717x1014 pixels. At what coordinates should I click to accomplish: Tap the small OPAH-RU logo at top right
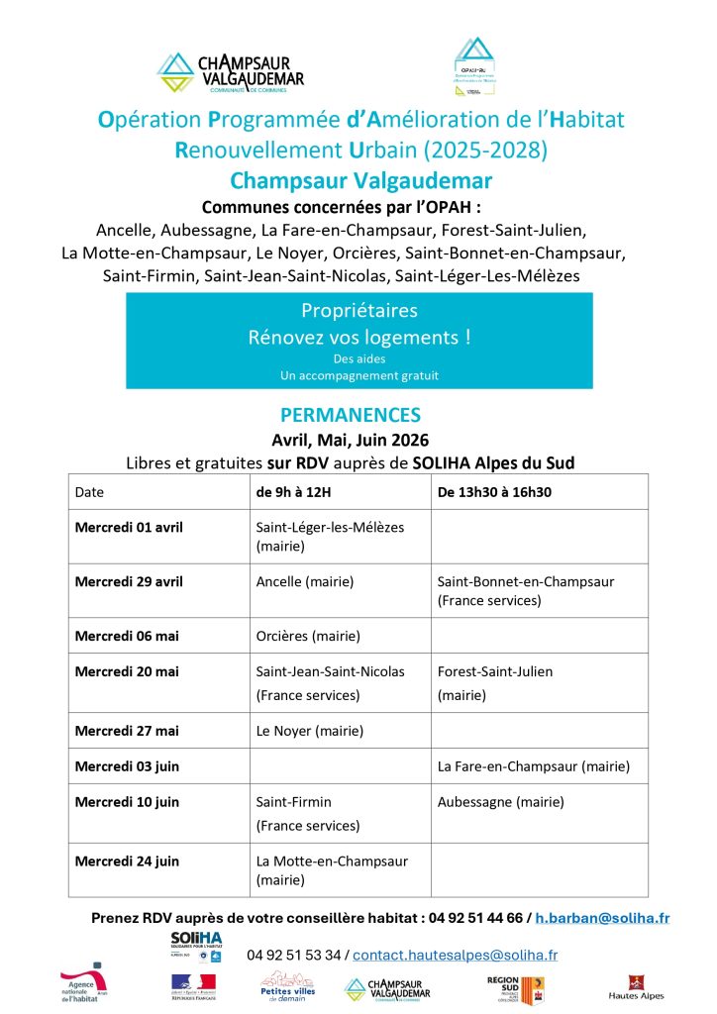coord(473,67)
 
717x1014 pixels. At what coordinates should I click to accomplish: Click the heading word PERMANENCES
coord(351,415)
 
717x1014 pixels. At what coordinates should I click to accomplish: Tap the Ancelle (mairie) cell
coord(304,581)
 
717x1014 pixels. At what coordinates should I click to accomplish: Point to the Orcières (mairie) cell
coord(308,636)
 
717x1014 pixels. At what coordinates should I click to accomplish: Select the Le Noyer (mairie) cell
coord(310,731)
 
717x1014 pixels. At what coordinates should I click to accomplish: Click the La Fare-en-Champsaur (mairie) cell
coord(534,765)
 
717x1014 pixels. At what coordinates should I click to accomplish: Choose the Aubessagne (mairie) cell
coord(501,801)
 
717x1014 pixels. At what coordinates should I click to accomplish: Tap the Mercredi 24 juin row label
coord(127,861)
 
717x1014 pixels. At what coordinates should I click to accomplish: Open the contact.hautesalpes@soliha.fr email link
coord(455,955)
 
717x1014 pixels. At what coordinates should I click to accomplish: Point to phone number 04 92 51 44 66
coord(474,918)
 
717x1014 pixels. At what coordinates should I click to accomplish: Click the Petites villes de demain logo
coord(287,986)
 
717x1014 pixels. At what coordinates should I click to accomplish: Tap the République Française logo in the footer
coord(193,986)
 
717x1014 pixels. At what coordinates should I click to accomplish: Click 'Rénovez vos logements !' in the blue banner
coord(358,337)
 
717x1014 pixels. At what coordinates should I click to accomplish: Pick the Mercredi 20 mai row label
coord(127,671)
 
